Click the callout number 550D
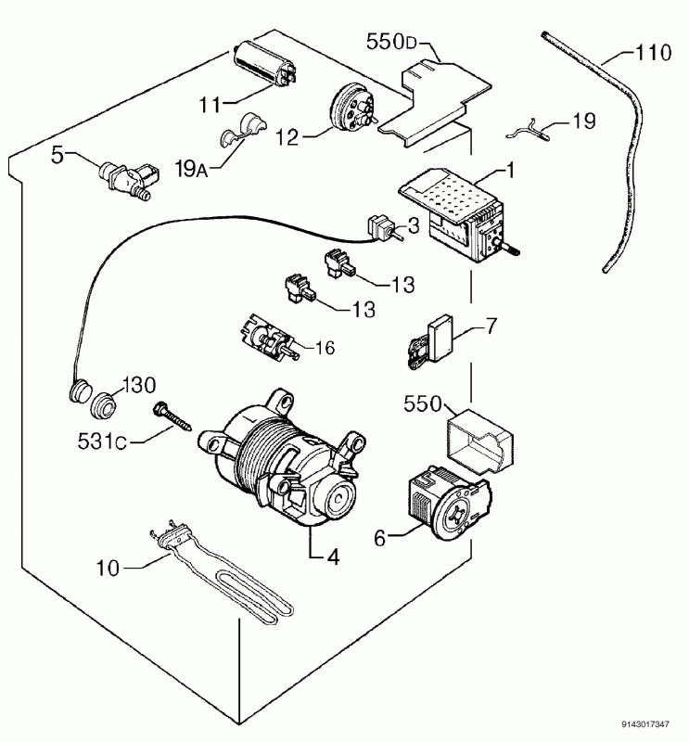coord(391,42)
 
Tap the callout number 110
coord(653,53)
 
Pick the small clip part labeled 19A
coord(242,130)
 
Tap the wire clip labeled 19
coord(529,131)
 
